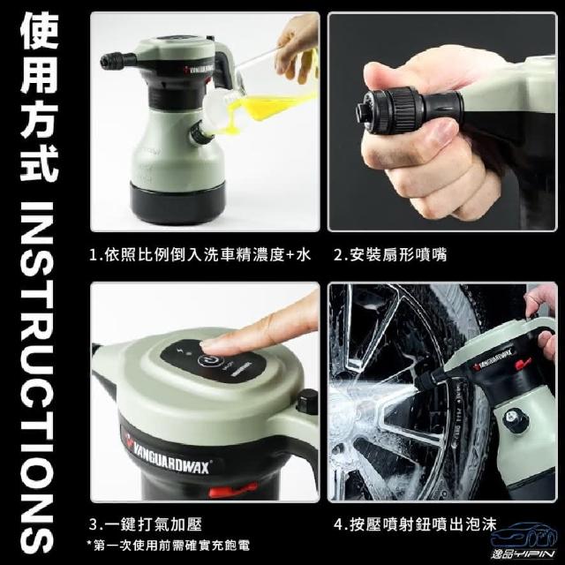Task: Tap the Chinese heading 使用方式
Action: [x=39, y=100]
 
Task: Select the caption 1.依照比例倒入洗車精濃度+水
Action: [x=200, y=255]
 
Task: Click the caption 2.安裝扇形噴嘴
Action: [x=390, y=255]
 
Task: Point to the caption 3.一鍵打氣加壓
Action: [x=146, y=524]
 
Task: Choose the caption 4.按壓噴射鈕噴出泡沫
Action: [x=415, y=524]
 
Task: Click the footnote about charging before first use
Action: [x=169, y=546]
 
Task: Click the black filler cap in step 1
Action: [x=199, y=132]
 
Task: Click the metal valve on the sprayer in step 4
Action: [x=513, y=418]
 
